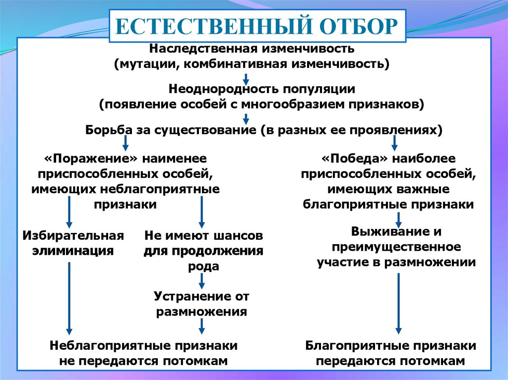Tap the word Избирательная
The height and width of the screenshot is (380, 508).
[73, 235]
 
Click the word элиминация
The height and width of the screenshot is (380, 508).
[73, 251]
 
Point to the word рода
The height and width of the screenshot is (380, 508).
[203, 267]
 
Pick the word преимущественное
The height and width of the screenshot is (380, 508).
[396, 247]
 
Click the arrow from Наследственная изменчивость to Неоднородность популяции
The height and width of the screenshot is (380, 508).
[246, 80]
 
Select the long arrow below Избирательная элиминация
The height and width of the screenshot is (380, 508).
[69, 298]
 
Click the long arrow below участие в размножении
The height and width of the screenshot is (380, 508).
[398, 304]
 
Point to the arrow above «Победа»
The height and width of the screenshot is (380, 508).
[394, 143]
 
